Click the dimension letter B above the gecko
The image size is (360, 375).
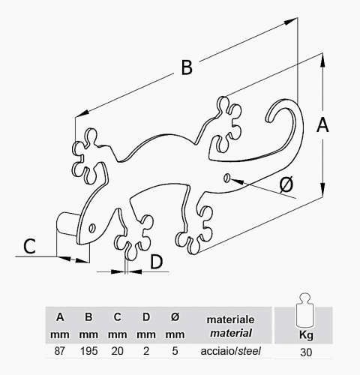coord(187,67)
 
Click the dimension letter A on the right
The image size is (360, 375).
coord(322,125)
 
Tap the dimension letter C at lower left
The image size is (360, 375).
coord(29,246)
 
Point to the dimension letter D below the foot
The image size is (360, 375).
coord(157,262)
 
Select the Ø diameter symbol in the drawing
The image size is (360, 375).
coord(286,184)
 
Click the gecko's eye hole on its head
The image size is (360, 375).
coord(92,228)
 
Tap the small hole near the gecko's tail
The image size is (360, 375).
coord(227,178)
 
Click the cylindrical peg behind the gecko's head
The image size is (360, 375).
coord(67,223)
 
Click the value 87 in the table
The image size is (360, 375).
coord(59,351)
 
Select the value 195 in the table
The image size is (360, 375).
coord(88,351)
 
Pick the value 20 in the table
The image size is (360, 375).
coord(117,351)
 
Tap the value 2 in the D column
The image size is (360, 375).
coord(146,351)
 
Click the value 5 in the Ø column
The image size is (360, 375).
coord(175,351)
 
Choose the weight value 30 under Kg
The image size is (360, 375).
coord(306,352)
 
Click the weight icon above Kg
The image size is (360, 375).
coord(304,310)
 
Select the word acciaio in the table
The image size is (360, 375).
coord(217,351)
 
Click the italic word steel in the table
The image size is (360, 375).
coord(249,351)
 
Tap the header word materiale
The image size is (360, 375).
coord(230,319)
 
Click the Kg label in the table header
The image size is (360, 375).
coord(306,335)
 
